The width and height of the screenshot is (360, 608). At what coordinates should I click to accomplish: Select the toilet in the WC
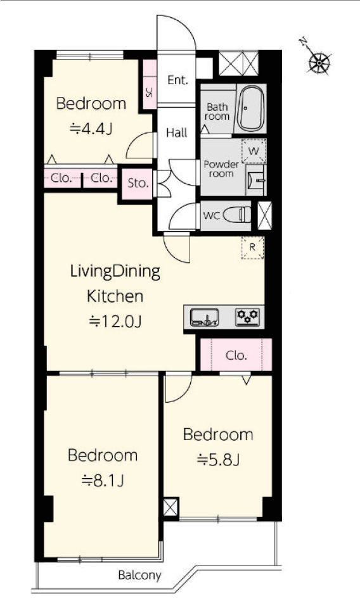click(x=237, y=215)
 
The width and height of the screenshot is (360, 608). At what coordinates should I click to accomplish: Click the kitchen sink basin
click(x=205, y=317)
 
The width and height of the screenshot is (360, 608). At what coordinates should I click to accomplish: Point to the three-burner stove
click(x=247, y=317)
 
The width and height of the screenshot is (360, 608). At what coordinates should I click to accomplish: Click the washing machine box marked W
click(x=254, y=151)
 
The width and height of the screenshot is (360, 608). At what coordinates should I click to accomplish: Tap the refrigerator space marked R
click(x=252, y=247)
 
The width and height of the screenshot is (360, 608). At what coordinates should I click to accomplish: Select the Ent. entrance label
click(x=177, y=80)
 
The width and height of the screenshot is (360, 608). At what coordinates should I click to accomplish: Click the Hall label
click(x=176, y=132)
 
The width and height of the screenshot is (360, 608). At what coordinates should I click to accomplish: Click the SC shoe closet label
click(x=150, y=92)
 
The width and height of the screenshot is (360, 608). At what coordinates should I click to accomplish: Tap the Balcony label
click(x=139, y=576)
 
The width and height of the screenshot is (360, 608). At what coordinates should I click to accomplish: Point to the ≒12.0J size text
click(x=115, y=322)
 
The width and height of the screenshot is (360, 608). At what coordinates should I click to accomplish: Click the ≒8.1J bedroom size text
click(x=103, y=481)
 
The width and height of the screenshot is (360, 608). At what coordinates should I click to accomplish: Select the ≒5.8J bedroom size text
click(x=218, y=460)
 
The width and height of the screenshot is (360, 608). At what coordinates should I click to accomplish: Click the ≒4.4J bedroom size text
click(x=91, y=129)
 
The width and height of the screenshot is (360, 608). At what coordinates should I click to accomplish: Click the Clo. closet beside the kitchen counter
click(x=236, y=355)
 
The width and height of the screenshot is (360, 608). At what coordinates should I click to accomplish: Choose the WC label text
click(x=212, y=215)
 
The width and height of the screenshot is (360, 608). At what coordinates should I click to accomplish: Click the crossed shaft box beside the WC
click(x=265, y=215)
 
